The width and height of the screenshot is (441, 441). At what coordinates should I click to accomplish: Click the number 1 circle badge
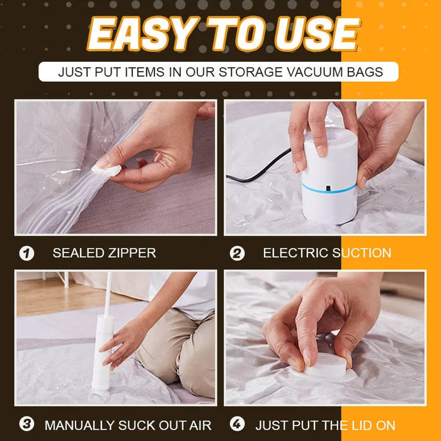(x=26, y=253)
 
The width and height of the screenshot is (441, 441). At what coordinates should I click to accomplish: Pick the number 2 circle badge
(x=237, y=253)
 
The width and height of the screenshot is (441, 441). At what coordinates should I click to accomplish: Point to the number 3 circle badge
(x=26, y=425)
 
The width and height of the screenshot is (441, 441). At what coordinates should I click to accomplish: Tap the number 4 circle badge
(x=237, y=425)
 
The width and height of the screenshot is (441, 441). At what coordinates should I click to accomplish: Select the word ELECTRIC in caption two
(x=292, y=253)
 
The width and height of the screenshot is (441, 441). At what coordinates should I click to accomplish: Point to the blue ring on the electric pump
(x=330, y=187)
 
